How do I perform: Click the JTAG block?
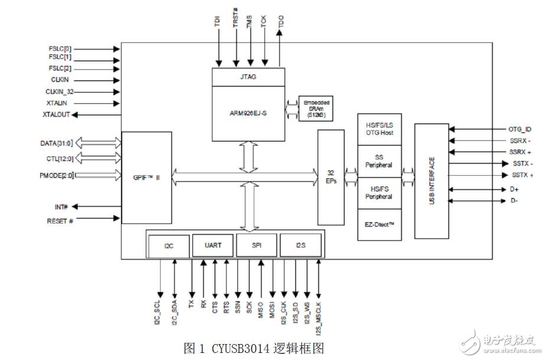click(247, 77)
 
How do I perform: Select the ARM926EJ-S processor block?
click(247, 113)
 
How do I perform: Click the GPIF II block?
click(146, 176)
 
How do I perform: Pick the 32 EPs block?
click(331, 177)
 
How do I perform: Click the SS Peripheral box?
click(379, 161)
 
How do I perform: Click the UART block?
click(212, 245)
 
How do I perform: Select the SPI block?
click(256, 245)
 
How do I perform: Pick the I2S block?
click(301, 245)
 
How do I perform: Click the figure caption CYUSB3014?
click(254, 348)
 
